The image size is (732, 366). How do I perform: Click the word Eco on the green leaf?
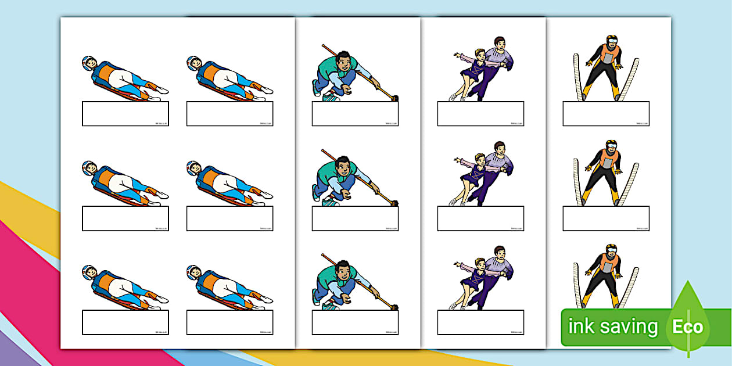(x=688, y=326)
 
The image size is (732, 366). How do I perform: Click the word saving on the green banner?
(x=629, y=326)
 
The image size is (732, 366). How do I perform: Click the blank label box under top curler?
(x=355, y=114)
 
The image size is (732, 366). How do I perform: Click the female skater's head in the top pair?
(x=480, y=54)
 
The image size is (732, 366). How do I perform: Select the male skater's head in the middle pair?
(x=498, y=147)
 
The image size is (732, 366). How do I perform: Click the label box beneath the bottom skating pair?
(x=480, y=322)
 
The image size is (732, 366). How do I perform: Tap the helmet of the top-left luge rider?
(x=88, y=62)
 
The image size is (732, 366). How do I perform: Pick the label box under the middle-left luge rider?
(x=125, y=218)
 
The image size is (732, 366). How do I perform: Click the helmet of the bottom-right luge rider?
(x=193, y=271)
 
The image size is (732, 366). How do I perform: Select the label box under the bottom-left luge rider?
(x=125, y=322)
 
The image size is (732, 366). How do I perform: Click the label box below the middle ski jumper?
(x=606, y=218)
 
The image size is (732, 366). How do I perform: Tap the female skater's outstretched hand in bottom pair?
(x=456, y=264)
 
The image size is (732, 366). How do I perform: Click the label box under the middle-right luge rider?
(x=229, y=218)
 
